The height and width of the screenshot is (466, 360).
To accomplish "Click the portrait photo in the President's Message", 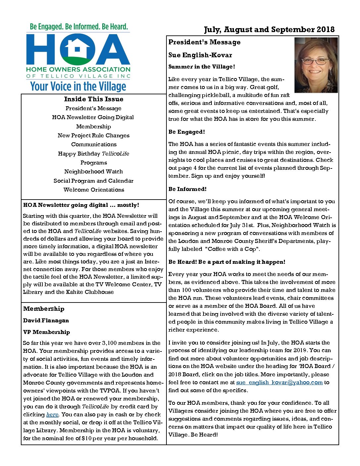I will tap(316, 65).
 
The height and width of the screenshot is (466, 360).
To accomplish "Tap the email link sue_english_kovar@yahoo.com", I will tap(279, 383).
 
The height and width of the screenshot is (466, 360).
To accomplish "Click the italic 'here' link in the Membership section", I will tap(52, 415).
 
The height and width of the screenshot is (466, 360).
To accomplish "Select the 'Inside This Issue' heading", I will tap(94, 99).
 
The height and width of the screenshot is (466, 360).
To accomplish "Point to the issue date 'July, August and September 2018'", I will tap(269, 30).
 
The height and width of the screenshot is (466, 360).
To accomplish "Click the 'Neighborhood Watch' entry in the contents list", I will tap(94, 172).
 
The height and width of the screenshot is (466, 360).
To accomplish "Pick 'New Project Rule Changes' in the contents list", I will tap(94, 136).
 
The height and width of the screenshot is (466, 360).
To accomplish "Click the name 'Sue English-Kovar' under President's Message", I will tap(200, 55).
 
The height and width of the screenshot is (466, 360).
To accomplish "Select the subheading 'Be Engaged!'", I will tap(187, 132).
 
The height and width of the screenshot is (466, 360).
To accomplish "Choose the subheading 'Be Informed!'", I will tap(187, 189).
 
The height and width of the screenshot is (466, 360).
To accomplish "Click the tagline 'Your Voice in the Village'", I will tap(78, 87).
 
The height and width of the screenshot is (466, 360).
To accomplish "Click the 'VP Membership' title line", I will tap(47, 332).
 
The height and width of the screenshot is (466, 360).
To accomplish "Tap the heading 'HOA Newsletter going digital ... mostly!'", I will tap(81, 205).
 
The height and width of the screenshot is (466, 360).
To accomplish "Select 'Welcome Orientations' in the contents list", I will tap(94, 190).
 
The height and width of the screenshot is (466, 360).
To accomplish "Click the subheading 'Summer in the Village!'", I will tap(202, 67).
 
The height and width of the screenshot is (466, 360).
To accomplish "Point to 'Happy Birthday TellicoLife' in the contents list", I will tap(94, 154).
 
